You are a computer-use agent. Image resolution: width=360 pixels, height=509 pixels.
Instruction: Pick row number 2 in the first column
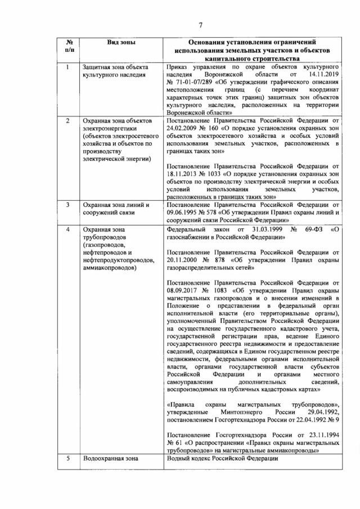67,121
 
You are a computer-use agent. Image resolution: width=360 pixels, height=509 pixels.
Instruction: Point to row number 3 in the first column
67,205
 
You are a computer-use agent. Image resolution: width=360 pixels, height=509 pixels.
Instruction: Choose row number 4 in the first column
67,230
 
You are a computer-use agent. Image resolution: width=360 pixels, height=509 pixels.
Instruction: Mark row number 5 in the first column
67,459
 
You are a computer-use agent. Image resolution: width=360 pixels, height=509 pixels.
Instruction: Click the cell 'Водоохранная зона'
110,459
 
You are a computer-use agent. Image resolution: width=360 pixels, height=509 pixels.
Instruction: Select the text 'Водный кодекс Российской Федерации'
222,459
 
